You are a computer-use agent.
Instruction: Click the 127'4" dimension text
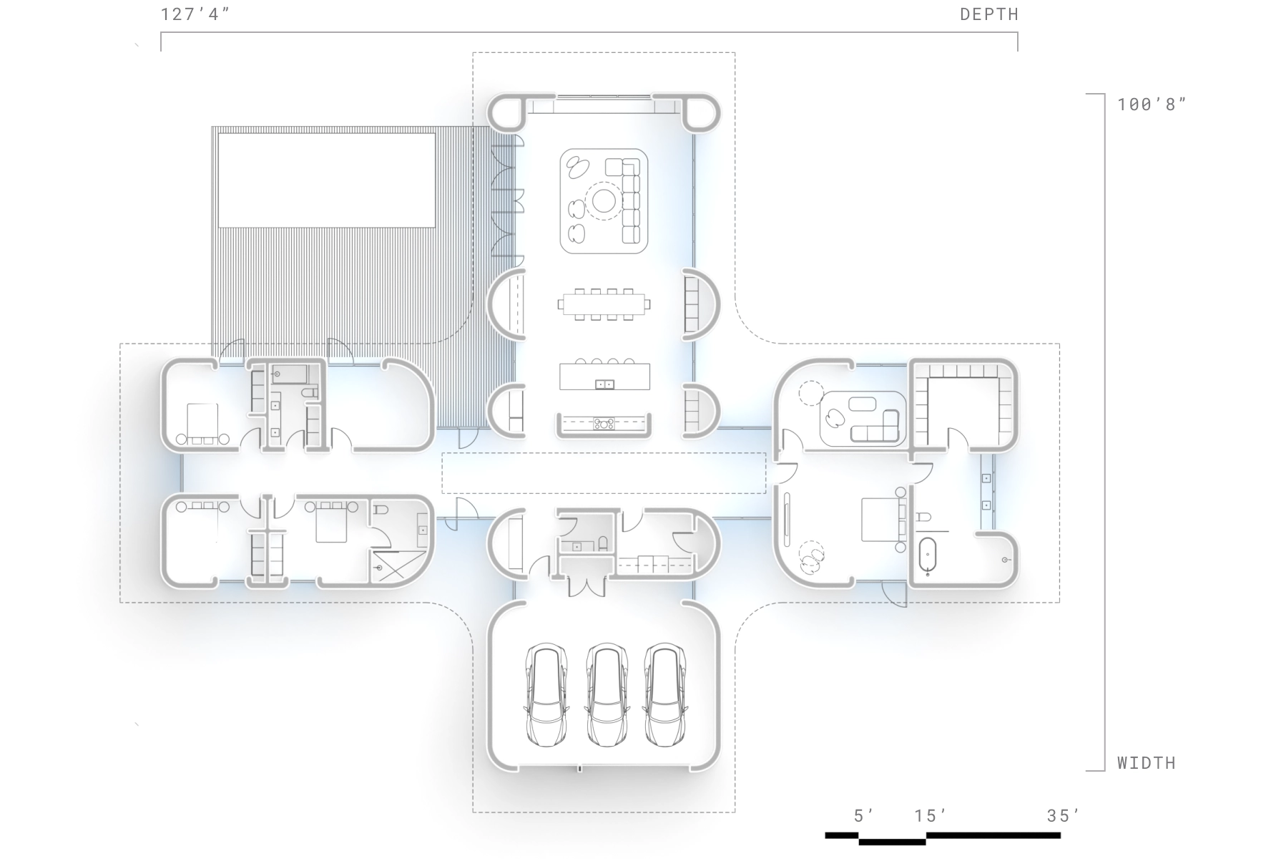point(195,14)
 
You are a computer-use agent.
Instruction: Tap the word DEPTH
point(989,14)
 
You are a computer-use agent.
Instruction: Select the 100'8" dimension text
point(1152,105)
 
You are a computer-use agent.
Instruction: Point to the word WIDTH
point(1147,763)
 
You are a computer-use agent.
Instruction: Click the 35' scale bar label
point(1064,815)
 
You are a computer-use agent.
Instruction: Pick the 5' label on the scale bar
point(863,815)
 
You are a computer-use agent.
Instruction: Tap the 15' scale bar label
point(931,815)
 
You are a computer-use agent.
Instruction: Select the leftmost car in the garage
point(546,695)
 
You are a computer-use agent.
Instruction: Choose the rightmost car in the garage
point(665,695)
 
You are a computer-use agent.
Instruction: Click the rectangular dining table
point(604,304)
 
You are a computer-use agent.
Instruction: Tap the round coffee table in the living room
point(604,201)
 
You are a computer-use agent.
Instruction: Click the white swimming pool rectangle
point(327,180)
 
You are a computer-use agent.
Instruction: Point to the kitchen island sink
point(604,384)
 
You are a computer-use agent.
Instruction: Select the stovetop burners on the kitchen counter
point(604,424)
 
